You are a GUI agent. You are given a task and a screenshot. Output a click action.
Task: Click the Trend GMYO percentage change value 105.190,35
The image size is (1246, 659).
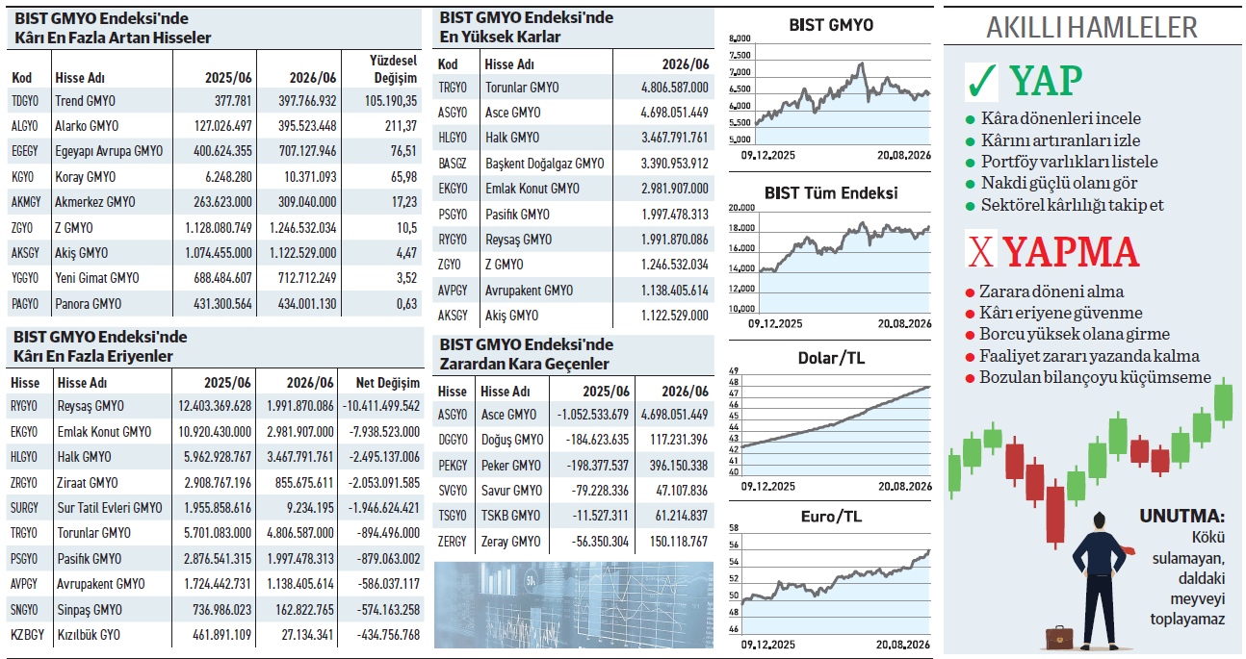tap(391, 101)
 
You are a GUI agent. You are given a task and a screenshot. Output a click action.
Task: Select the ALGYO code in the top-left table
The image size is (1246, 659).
tap(24, 126)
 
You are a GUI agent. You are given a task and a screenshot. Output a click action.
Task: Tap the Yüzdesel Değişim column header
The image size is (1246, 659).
tap(394, 69)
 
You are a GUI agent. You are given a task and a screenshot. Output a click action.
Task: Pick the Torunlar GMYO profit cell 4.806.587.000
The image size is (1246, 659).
tap(674, 88)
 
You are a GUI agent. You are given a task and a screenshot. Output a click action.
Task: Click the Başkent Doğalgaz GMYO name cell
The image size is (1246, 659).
tap(545, 164)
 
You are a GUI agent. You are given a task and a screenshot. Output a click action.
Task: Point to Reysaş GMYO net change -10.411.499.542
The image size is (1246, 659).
tap(381, 406)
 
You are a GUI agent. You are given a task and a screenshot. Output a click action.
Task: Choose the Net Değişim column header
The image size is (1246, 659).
tap(388, 383)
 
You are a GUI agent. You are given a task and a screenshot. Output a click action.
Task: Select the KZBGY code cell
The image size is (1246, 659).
tap(27, 635)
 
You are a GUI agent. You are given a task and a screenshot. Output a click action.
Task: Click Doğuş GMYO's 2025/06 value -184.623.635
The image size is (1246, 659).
tap(597, 440)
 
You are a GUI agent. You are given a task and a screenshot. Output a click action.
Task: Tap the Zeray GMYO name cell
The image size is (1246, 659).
tap(510, 542)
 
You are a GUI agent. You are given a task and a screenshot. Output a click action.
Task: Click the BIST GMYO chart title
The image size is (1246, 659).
tap(831, 25)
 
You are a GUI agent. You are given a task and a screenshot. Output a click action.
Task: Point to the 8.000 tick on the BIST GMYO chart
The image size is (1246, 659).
tap(740, 38)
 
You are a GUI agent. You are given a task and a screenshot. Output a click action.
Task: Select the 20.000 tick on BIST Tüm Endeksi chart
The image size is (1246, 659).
tap(741, 208)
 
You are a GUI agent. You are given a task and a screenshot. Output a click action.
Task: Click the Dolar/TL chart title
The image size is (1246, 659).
tap(831, 358)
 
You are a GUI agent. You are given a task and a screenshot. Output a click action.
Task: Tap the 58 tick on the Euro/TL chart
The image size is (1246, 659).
tap(734, 528)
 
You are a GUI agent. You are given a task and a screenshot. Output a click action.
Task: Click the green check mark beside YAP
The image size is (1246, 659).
tap(982, 81)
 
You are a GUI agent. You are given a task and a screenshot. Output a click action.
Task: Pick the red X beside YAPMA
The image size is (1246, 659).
tap(980, 252)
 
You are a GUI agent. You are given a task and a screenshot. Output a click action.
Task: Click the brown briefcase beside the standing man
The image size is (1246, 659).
tap(1058, 637)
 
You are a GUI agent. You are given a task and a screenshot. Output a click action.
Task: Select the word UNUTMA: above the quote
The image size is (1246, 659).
tap(1181, 517)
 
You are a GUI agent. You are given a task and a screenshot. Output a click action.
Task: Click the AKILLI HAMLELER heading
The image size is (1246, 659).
tap(1091, 27)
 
